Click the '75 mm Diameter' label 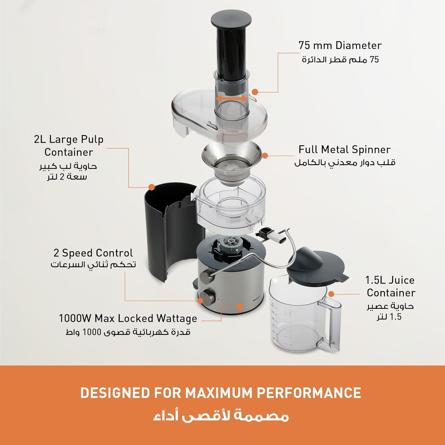tap(340, 46)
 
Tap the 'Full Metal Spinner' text tap(344, 150)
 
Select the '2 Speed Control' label tap(93, 253)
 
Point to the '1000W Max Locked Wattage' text tap(128, 318)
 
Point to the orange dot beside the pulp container tap(151, 187)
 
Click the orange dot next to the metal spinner tap(265, 156)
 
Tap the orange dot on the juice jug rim tap(331, 294)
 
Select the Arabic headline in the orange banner tap(220, 416)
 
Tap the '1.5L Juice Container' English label tap(390, 286)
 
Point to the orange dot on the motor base tap(240, 307)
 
